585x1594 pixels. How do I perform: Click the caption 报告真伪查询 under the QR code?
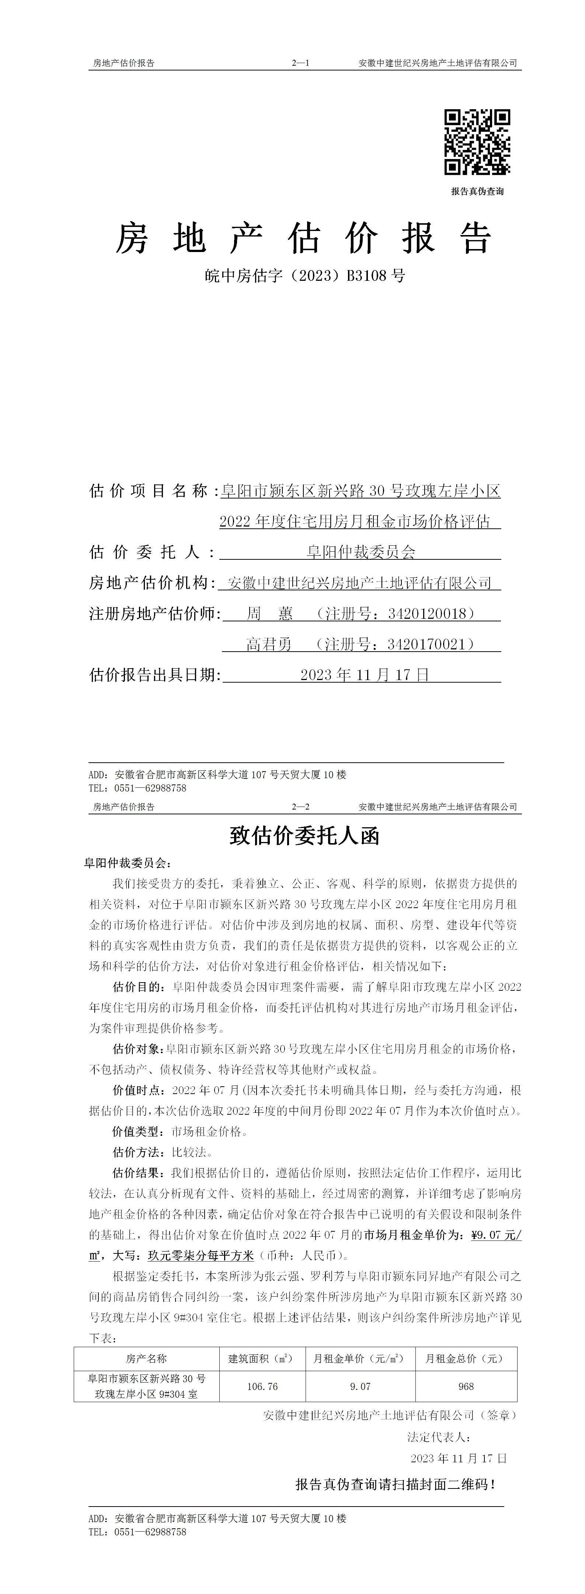tap(477, 191)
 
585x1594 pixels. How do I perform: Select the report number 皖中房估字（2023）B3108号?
tap(305, 275)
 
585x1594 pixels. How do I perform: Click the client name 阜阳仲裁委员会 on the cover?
tap(361, 552)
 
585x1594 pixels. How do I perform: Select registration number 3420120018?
tap(427, 613)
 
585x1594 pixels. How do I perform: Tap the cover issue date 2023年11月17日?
tap(364, 674)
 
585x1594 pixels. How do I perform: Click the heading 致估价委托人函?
tap(304, 835)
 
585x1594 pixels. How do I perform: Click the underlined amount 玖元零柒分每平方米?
tap(201, 1256)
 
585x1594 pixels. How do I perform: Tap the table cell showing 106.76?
tap(262, 1387)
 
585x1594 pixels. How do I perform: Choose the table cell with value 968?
tap(466, 1387)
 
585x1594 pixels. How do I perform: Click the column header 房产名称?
tap(147, 1359)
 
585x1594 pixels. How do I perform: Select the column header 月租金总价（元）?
tap(466, 1359)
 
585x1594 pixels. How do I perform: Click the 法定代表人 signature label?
tap(438, 1437)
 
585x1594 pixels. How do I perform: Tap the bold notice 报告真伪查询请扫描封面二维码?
tap(394, 1484)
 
